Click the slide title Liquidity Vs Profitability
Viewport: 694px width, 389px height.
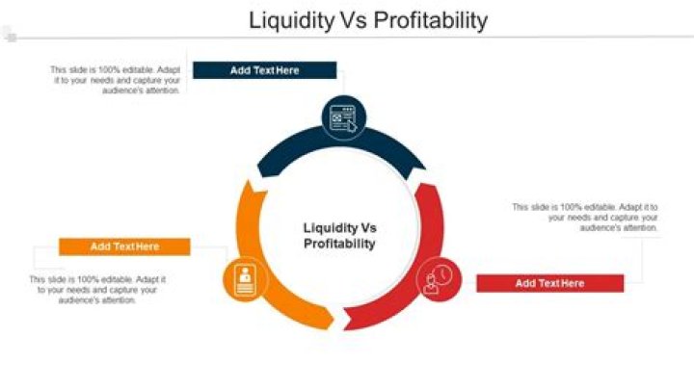367,19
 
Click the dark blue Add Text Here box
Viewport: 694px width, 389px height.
264,70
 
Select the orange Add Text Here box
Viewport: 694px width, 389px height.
124,246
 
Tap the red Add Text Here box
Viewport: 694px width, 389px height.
549,283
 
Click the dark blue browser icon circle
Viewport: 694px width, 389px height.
343,118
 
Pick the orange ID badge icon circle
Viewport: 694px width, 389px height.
244,278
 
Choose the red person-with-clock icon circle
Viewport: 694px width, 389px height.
439,278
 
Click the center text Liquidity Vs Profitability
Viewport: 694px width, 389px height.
339,236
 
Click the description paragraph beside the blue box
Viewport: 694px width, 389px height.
115,80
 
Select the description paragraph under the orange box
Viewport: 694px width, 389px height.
97,290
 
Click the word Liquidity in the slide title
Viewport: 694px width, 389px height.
285,19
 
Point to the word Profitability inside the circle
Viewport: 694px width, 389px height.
339,245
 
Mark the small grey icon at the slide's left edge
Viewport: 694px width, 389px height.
10,37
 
